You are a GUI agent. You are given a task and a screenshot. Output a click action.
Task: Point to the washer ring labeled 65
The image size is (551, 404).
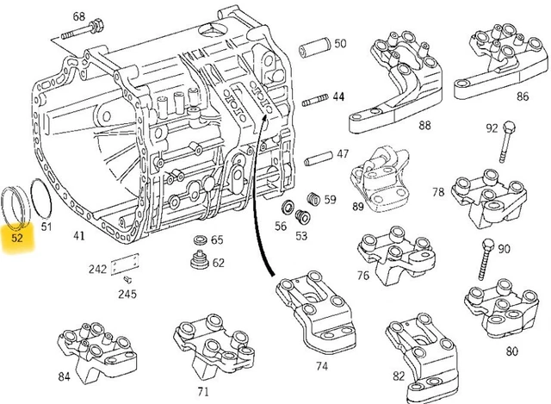coord(197,239)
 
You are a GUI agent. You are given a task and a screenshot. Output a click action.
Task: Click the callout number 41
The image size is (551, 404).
coord(78,235)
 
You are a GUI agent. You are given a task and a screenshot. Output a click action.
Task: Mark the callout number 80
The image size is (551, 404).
coord(512,351)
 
